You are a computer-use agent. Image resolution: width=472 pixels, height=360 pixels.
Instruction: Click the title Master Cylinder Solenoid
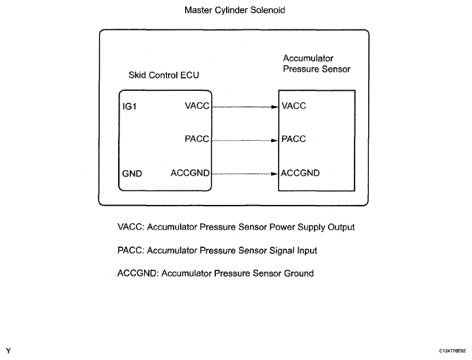(234, 11)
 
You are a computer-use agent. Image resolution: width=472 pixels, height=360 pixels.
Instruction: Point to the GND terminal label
(132, 174)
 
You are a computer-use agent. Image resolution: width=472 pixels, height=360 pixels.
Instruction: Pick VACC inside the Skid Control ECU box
(197, 106)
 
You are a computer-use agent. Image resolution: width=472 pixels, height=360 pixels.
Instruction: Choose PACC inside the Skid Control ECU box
(197, 139)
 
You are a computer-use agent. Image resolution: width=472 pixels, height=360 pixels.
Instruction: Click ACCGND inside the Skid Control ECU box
(190, 173)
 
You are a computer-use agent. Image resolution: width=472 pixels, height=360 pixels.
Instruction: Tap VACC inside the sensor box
(294, 106)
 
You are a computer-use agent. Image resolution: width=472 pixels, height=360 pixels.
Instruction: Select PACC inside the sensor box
(294, 139)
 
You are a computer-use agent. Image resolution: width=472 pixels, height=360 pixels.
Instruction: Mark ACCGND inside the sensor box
(301, 173)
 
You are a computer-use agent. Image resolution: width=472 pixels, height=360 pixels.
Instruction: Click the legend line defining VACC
(236, 227)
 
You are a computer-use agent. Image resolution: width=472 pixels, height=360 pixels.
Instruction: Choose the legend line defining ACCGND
(215, 273)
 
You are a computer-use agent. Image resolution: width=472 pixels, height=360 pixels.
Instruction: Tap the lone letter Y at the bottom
(8, 350)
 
